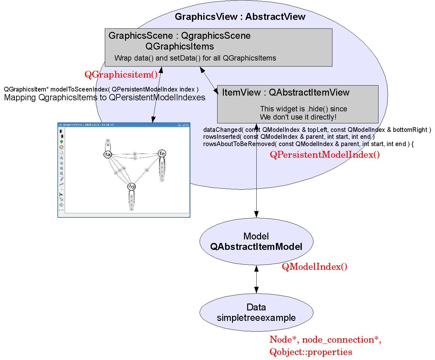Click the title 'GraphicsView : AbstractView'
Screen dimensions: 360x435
tap(240, 17)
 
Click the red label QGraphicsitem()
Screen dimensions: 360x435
tap(121, 75)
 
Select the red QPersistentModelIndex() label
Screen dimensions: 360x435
tap(325, 155)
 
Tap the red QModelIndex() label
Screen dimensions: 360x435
tap(314, 267)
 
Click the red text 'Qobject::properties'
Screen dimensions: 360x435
tap(311, 352)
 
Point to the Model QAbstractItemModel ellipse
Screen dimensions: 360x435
tap(256, 241)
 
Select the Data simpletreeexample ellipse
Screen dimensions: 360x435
tap(256, 312)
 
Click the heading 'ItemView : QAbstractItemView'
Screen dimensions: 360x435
tap(286, 92)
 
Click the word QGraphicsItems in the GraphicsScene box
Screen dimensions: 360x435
tap(180, 46)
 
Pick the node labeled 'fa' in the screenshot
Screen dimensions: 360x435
tap(108, 154)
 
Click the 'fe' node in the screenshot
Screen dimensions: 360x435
tap(162, 153)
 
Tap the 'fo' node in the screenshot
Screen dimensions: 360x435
tap(132, 186)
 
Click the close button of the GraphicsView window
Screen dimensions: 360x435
tap(188, 125)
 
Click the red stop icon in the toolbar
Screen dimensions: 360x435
tap(61, 147)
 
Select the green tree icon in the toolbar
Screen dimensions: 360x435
tap(61, 142)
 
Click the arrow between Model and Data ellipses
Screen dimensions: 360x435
tap(256, 279)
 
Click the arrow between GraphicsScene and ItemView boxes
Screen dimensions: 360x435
tap(209, 80)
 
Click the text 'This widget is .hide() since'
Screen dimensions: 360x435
tap(303, 109)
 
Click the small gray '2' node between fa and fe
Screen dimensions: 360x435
tap(135, 154)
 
